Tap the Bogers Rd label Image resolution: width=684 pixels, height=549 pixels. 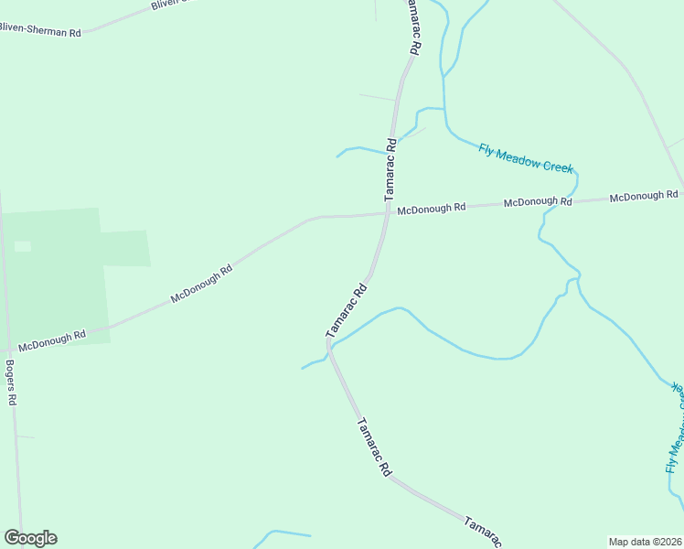coord(11,382)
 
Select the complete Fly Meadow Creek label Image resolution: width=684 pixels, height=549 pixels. coord(525,156)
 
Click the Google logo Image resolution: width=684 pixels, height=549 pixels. coord(30,538)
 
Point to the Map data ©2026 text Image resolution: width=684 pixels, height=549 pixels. coord(646,542)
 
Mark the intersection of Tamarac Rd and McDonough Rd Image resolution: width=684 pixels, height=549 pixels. coord(388,214)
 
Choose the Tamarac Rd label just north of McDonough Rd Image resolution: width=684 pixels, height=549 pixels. coord(390,169)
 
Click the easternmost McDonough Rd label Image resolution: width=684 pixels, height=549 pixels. coord(644,196)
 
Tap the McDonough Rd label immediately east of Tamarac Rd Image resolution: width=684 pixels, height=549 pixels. coord(431,209)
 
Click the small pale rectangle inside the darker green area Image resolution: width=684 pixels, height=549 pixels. coord(22,246)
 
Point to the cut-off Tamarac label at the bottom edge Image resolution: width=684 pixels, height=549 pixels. coord(482,533)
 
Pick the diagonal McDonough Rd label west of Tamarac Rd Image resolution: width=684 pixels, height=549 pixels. coord(201,285)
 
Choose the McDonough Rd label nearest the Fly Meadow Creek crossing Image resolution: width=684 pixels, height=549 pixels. coord(538,201)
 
